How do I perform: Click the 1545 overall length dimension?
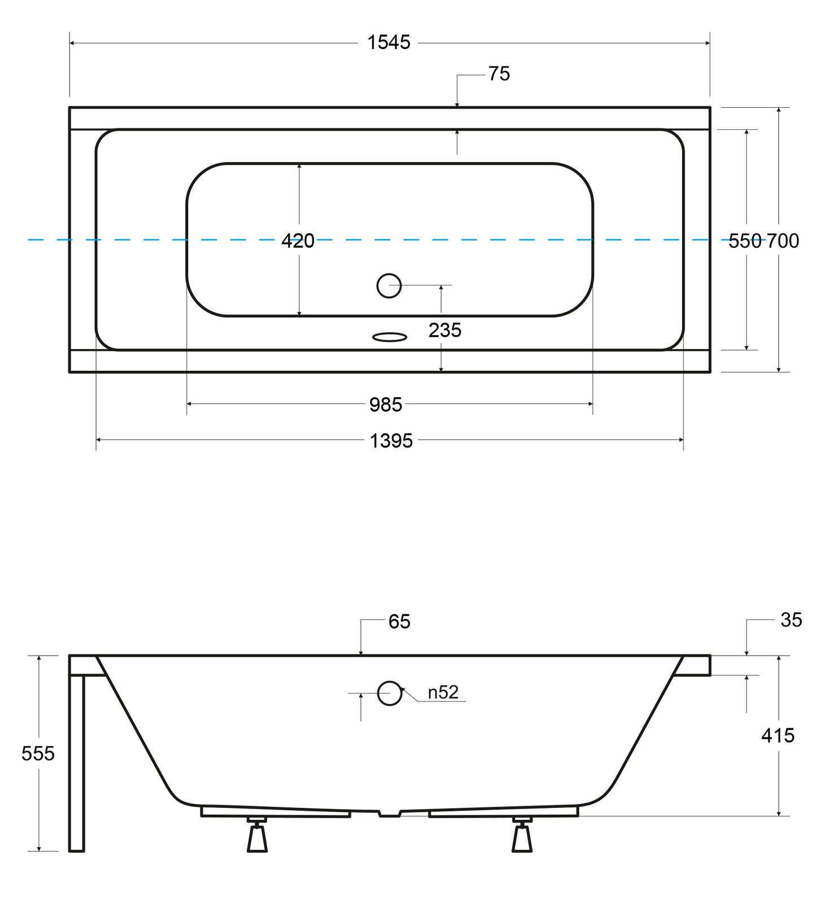(389, 42)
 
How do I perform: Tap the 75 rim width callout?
(499, 74)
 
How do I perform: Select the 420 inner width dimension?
(298, 241)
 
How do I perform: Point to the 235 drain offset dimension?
(445, 330)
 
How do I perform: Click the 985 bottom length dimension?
(386, 405)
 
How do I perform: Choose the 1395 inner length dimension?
(391, 441)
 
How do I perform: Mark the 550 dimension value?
(745, 241)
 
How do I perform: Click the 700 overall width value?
(783, 241)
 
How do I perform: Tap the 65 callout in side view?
(399, 621)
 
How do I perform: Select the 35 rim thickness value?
(791, 620)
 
